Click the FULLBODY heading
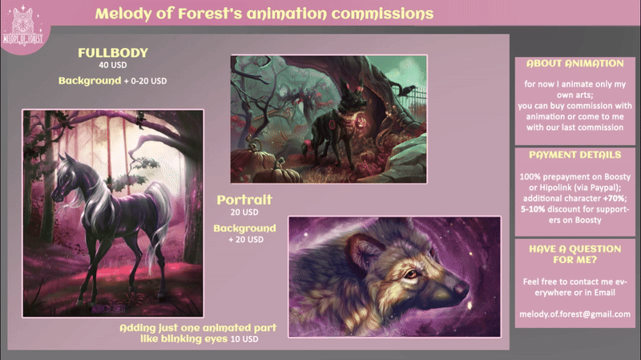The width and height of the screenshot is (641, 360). (113, 53)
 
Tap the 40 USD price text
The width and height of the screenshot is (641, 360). (113, 65)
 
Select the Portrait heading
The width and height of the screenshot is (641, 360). (244, 200)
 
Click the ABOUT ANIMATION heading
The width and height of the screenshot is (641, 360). (574, 63)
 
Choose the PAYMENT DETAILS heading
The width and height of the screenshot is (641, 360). (574, 155)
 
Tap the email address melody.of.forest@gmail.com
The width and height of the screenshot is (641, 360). (574, 314)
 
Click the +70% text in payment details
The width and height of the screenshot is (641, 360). (614, 198)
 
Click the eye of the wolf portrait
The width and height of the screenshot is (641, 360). (410, 273)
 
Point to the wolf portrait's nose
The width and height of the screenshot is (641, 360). (462, 287)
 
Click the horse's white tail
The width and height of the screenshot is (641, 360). (157, 221)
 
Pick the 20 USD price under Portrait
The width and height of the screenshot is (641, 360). (244, 212)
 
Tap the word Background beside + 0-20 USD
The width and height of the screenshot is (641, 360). (90, 81)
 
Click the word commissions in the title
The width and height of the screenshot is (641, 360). (382, 14)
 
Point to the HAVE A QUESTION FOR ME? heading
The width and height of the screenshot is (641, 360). (574, 254)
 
